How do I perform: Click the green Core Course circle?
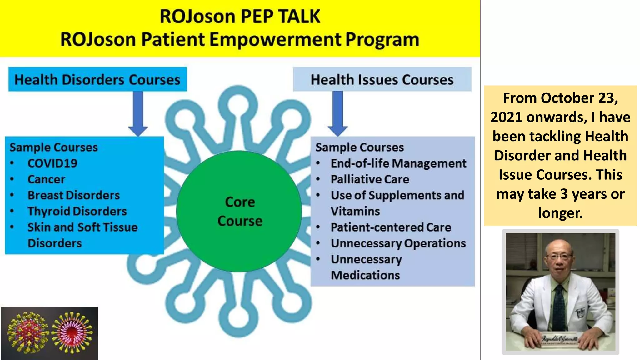coord(239,211)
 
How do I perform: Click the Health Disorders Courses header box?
coord(97,79)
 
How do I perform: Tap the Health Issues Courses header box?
coord(382,79)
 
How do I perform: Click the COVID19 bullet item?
coord(52,163)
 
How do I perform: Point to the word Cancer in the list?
coord(46,179)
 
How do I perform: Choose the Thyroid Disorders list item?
coord(77,211)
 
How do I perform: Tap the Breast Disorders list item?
coord(73,195)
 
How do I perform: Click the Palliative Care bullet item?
coord(370,179)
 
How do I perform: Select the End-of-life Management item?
coord(398,163)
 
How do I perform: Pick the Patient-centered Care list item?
coord(391,227)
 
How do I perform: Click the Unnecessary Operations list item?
coord(398,243)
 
